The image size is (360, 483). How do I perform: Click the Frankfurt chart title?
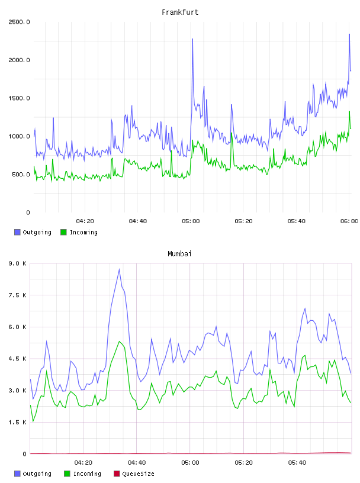180,12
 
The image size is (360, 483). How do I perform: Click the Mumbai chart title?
179,254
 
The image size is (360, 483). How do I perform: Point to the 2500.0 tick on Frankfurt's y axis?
19,22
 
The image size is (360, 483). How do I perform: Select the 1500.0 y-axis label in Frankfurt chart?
19,98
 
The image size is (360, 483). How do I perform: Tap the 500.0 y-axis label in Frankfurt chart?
21,175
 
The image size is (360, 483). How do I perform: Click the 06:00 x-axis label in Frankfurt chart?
349,221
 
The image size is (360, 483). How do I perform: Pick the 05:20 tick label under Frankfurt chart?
243,221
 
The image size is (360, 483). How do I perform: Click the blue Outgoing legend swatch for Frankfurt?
17,232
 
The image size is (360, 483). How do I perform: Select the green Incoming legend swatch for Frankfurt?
63,232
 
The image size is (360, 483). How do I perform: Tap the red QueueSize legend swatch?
117,474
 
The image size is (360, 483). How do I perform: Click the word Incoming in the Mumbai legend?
87,474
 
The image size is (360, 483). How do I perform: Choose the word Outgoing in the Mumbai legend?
37,474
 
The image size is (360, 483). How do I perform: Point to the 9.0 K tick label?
18,263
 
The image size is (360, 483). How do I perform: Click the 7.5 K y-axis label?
18,295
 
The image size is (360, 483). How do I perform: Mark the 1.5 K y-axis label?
18,422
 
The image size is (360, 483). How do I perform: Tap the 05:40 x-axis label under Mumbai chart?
297,463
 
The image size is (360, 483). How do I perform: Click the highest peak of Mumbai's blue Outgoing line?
119,269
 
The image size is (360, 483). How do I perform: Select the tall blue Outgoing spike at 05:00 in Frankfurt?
192,39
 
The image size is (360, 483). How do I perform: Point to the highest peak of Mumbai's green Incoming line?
119,342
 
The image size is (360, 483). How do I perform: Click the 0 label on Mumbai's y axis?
25,454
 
